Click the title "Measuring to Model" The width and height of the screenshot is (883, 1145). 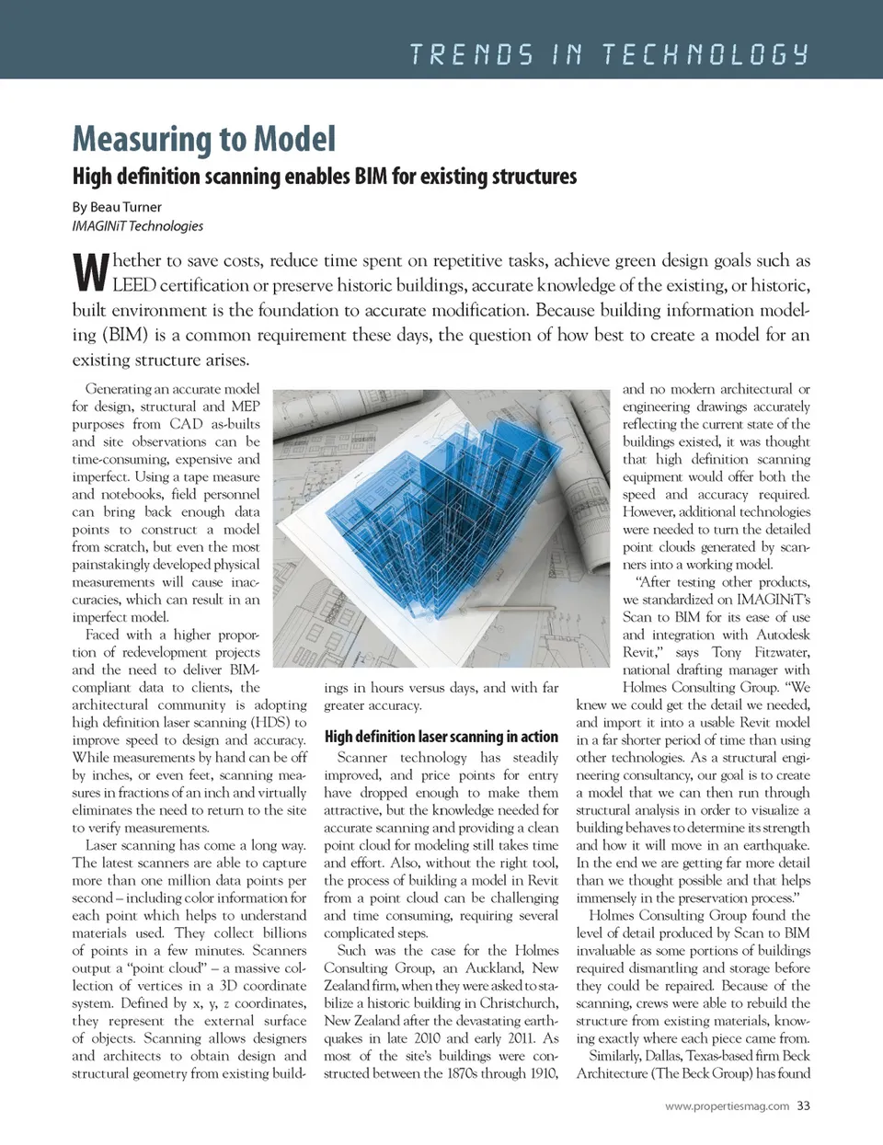[x=203, y=140]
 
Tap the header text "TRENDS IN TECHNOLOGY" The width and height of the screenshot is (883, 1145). [x=609, y=54]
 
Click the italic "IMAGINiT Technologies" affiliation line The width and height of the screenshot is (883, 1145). [x=138, y=225]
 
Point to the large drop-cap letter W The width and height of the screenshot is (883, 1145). [x=90, y=272]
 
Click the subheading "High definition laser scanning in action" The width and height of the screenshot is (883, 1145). [x=441, y=737]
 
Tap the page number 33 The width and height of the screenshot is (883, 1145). [x=803, y=1105]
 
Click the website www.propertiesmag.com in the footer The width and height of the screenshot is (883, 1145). [x=727, y=1106]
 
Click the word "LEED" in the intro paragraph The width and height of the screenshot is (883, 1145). [x=134, y=285]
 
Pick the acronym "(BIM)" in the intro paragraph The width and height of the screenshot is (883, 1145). [x=124, y=335]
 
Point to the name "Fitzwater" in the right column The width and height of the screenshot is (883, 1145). [x=782, y=652]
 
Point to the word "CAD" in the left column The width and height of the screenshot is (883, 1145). [x=186, y=424]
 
